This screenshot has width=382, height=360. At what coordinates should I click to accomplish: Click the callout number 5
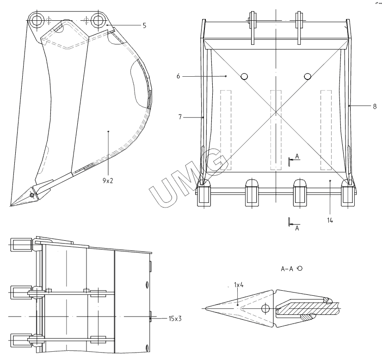click(x=144, y=25)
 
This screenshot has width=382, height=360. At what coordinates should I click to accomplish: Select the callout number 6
click(x=178, y=76)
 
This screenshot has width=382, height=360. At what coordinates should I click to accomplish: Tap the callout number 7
click(x=180, y=117)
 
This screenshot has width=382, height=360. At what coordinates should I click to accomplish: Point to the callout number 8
click(x=375, y=106)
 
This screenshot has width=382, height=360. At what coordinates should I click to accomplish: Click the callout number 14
click(x=330, y=220)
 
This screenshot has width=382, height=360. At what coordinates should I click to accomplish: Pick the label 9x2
click(x=108, y=181)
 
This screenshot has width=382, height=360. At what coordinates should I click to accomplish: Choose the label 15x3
click(x=175, y=318)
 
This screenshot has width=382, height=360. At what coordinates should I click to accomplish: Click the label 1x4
click(x=239, y=285)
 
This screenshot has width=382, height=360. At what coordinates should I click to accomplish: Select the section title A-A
click(x=287, y=268)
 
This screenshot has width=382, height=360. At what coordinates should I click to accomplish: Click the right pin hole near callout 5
click(x=98, y=20)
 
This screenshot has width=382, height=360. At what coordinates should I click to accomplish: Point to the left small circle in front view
click(x=244, y=77)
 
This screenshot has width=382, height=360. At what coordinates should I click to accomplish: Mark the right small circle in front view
click(x=308, y=76)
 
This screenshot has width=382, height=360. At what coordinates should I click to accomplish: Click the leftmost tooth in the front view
click(x=204, y=193)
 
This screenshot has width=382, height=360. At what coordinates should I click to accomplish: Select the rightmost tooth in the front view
click(x=348, y=193)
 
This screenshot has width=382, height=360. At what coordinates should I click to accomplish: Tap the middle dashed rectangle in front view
click(x=276, y=130)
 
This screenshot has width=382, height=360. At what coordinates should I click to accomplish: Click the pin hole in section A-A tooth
click(x=265, y=309)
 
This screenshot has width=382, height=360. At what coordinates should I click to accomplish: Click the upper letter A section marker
click(x=297, y=156)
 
